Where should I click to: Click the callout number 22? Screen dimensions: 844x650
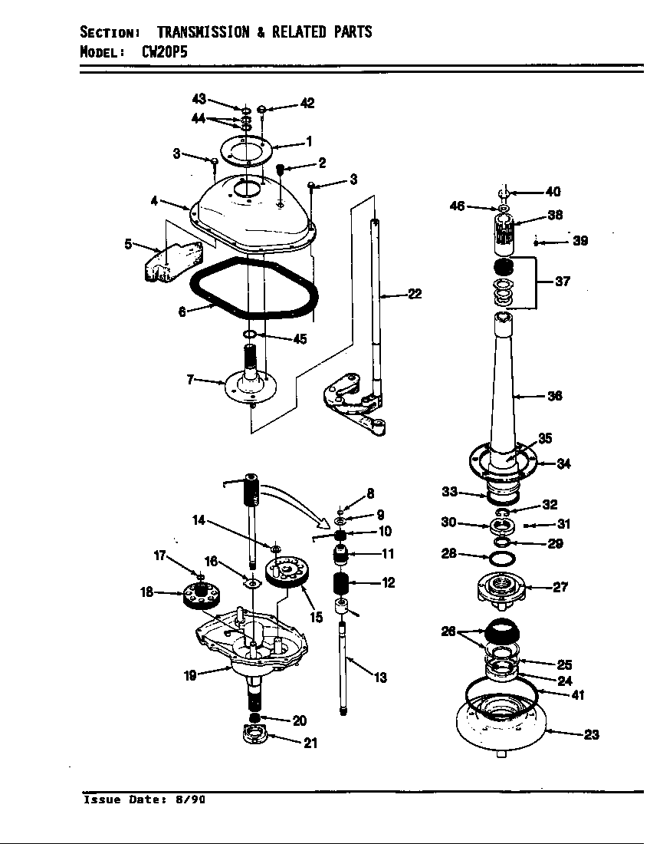tap(414, 294)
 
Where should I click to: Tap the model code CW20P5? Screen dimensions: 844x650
tap(164, 52)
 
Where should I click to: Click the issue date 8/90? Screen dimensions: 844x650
tap(191, 799)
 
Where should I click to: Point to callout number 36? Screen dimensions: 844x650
tap(555, 396)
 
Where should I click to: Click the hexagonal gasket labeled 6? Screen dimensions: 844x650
tap(253, 290)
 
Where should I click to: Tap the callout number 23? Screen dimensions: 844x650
tap(591, 734)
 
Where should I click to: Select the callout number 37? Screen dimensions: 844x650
tap(563, 282)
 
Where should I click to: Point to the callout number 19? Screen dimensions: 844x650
tap(190, 675)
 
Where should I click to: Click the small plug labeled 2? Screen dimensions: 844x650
tap(280, 168)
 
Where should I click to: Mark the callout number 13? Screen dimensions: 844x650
tap(380, 678)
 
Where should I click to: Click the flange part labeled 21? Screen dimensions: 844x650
tap(253, 737)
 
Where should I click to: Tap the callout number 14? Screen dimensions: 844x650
tap(198, 520)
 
